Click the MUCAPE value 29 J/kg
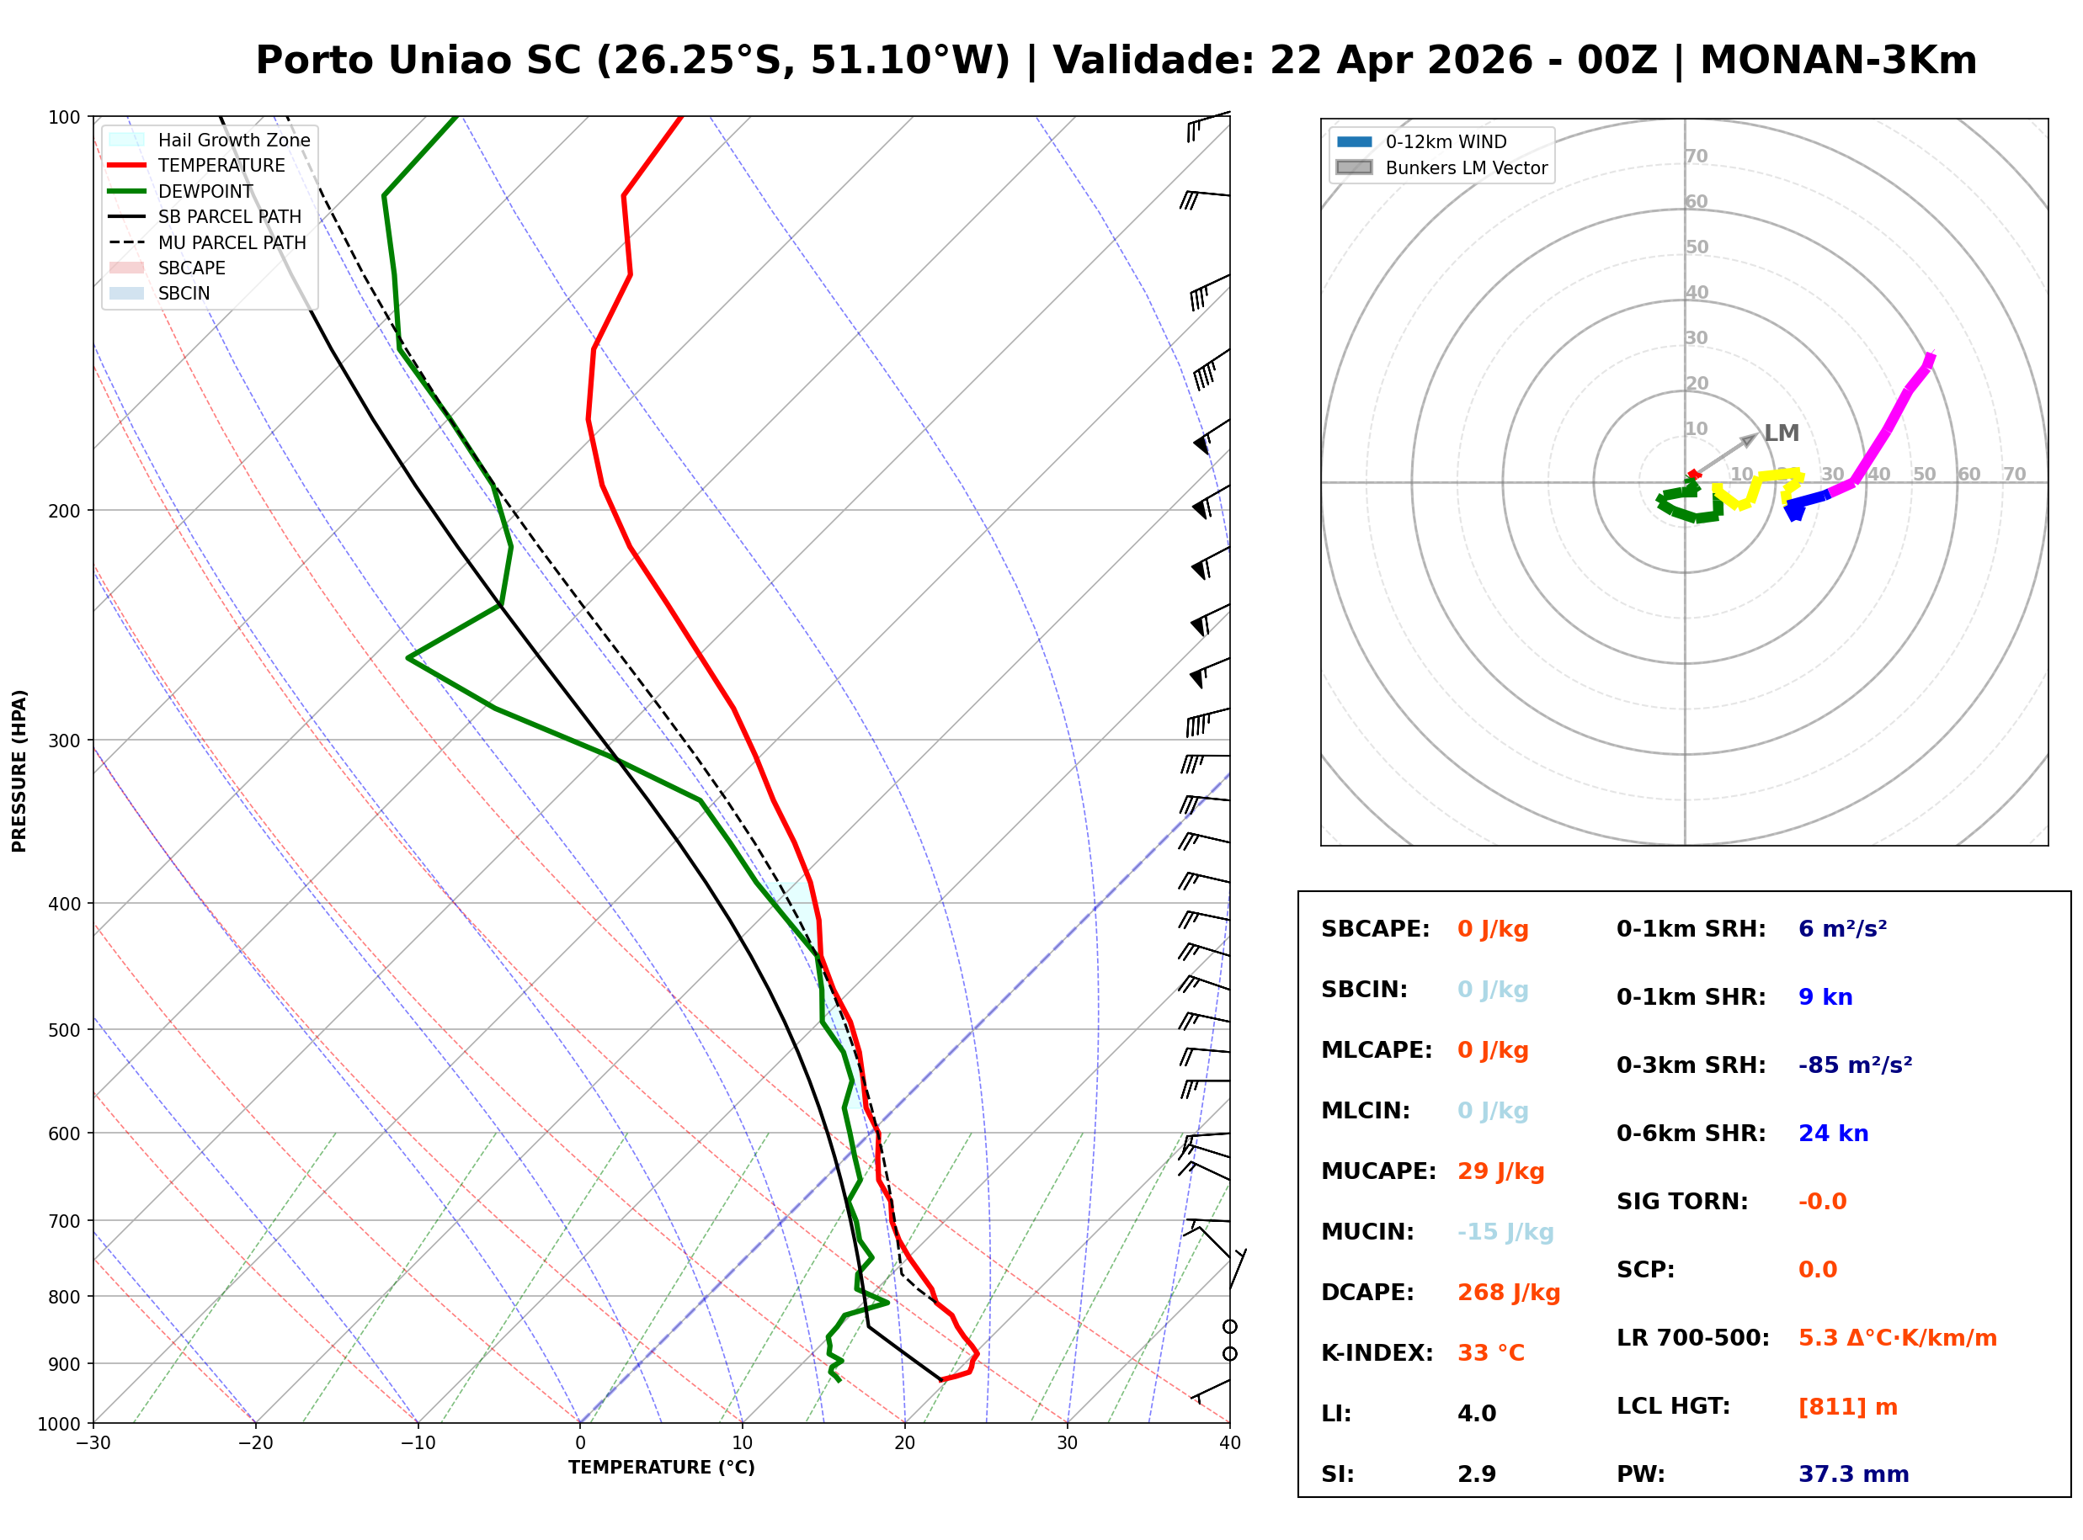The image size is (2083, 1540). click(x=1500, y=1171)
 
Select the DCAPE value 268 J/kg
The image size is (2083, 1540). click(x=1508, y=1292)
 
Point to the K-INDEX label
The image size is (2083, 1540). click(x=1377, y=1352)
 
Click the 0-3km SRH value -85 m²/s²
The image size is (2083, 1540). click(x=1855, y=1065)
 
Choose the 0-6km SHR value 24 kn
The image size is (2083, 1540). click(x=1832, y=1133)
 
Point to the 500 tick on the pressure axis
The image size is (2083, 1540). click(x=66, y=1030)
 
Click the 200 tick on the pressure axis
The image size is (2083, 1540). click(x=66, y=511)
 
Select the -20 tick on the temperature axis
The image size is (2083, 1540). click(x=255, y=1443)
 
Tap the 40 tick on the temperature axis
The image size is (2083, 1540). click(x=1229, y=1443)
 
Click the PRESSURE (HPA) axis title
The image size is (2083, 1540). click(x=19, y=770)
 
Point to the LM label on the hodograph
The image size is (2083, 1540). click(x=1781, y=433)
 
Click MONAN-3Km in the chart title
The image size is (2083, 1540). click(x=1838, y=61)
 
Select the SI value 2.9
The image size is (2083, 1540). click(x=1476, y=1474)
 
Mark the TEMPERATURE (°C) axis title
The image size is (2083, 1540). click(x=661, y=1468)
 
